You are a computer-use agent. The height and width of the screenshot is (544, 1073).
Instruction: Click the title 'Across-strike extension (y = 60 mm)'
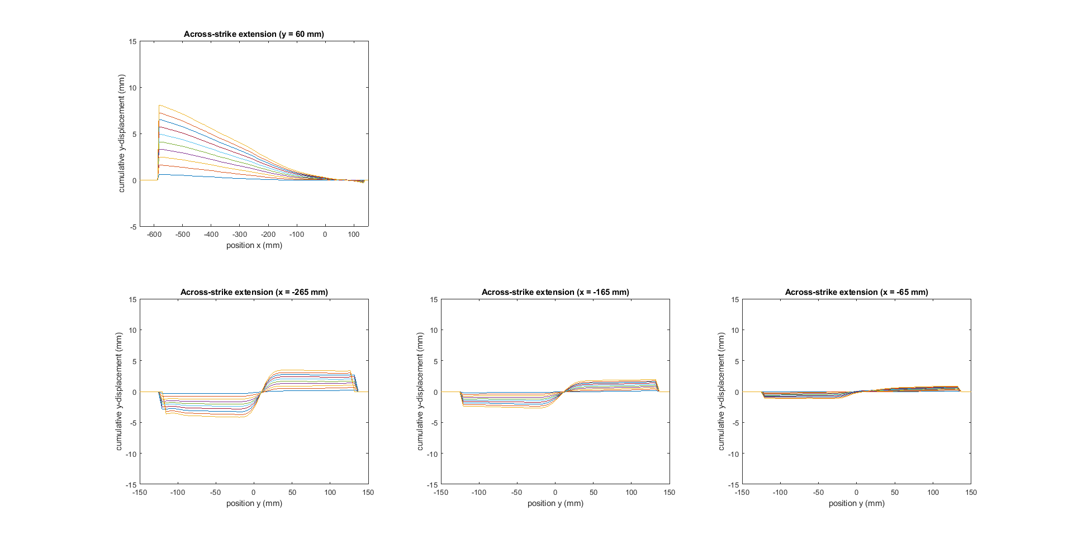click(254, 34)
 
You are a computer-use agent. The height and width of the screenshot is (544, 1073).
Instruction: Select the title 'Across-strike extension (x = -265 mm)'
click(254, 292)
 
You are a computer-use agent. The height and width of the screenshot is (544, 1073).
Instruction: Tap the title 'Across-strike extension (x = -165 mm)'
click(555, 292)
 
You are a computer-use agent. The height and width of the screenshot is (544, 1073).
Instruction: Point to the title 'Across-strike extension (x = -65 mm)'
click(856, 292)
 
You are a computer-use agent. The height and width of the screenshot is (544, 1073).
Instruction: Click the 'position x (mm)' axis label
click(254, 245)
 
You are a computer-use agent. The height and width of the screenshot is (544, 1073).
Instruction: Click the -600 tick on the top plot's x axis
click(154, 235)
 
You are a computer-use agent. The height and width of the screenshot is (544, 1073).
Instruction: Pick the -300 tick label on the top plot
click(240, 235)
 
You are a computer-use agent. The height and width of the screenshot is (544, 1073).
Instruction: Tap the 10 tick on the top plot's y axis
click(132, 88)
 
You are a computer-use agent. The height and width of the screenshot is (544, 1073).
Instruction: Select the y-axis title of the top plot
click(121, 133)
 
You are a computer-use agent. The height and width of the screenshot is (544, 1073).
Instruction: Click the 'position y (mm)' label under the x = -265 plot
click(254, 503)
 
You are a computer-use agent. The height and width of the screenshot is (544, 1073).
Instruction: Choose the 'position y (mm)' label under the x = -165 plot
click(555, 503)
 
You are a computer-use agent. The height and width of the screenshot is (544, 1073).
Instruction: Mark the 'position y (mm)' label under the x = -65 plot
click(856, 503)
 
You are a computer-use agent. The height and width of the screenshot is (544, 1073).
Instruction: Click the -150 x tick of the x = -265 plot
click(140, 493)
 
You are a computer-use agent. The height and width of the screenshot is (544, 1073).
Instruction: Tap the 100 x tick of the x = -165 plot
click(631, 493)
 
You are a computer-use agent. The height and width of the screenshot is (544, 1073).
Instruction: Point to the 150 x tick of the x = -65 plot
click(971, 493)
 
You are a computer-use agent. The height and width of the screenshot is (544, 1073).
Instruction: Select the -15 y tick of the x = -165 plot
click(433, 485)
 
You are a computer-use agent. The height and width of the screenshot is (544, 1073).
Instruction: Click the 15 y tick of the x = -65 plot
click(735, 300)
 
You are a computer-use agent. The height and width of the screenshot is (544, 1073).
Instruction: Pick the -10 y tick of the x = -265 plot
click(131, 454)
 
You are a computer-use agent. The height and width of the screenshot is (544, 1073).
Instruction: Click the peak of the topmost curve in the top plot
click(159, 105)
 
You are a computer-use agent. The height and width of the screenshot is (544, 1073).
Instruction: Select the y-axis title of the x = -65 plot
click(721, 392)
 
